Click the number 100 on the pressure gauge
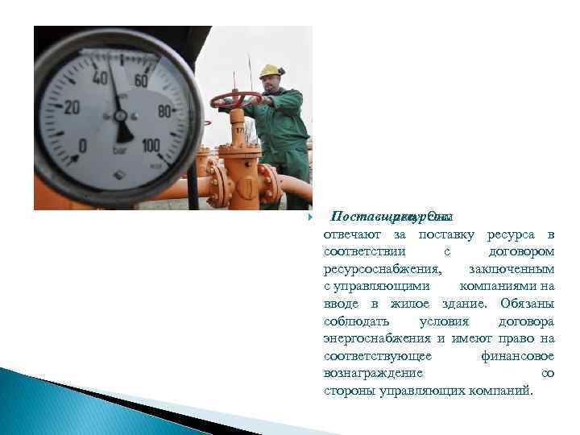150,146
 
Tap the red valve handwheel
235,99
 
